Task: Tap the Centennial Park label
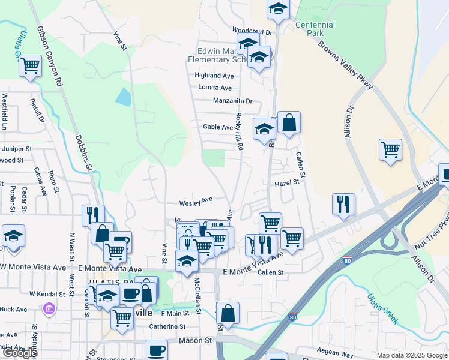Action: [315, 29]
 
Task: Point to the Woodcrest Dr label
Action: [252, 31]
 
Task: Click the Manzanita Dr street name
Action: [232, 101]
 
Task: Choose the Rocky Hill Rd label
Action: [239, 131]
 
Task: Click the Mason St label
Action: [196, 340]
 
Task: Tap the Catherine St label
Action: [168, 327]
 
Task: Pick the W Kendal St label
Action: [47, 294]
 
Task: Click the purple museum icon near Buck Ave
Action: [49, 310]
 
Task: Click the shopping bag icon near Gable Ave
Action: [289, 122]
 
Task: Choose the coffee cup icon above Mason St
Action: [156, 349]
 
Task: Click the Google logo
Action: [19, 352]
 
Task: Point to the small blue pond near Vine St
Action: [123, 97]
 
